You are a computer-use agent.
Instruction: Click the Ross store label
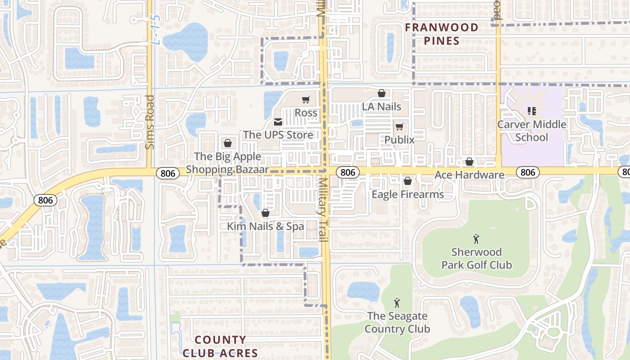click(306, 112)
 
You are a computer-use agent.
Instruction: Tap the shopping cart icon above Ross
click(306, 99)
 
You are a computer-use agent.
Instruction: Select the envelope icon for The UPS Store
click(278, 122)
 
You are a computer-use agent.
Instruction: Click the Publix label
click(399, 139)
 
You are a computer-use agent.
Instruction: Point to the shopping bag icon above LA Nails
click(382, 93)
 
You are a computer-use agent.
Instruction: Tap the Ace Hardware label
click(469, 175)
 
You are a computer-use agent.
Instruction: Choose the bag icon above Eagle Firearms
click(408, 181)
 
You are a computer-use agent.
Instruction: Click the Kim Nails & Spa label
click(265, 226)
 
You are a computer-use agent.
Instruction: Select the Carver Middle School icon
click(532, 111)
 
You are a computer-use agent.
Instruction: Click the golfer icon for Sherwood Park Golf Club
click(476, 239)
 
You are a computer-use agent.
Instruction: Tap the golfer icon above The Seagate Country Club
click(397, 303)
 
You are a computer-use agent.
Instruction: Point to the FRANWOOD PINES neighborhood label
click(441, 34)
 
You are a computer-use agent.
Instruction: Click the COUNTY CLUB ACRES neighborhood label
click(220, 346)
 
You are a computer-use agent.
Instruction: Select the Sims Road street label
click(150, 121)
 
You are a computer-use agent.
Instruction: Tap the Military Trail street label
click(324, 209)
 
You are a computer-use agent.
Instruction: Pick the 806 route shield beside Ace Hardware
click(527, 172)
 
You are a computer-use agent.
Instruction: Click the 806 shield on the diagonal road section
click(45, 200)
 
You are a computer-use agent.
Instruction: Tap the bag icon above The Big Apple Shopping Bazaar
click(228, 143)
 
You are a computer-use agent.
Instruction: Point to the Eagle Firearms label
click(408, 194)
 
